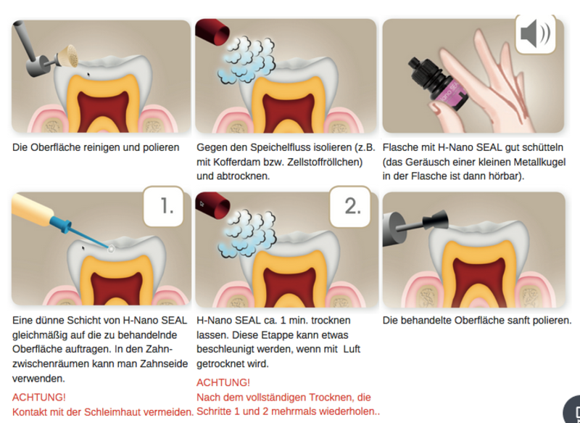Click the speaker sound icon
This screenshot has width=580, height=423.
[535, 34]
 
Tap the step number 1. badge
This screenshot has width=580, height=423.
[164, 207]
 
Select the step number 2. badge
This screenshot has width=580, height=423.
[350, 207]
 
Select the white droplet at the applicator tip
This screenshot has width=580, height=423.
[111, 250]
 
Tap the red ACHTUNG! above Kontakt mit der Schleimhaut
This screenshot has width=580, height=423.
[39, 397]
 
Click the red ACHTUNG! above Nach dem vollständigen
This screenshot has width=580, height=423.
[223, 382]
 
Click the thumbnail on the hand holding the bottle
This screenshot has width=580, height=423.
[436, 108]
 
